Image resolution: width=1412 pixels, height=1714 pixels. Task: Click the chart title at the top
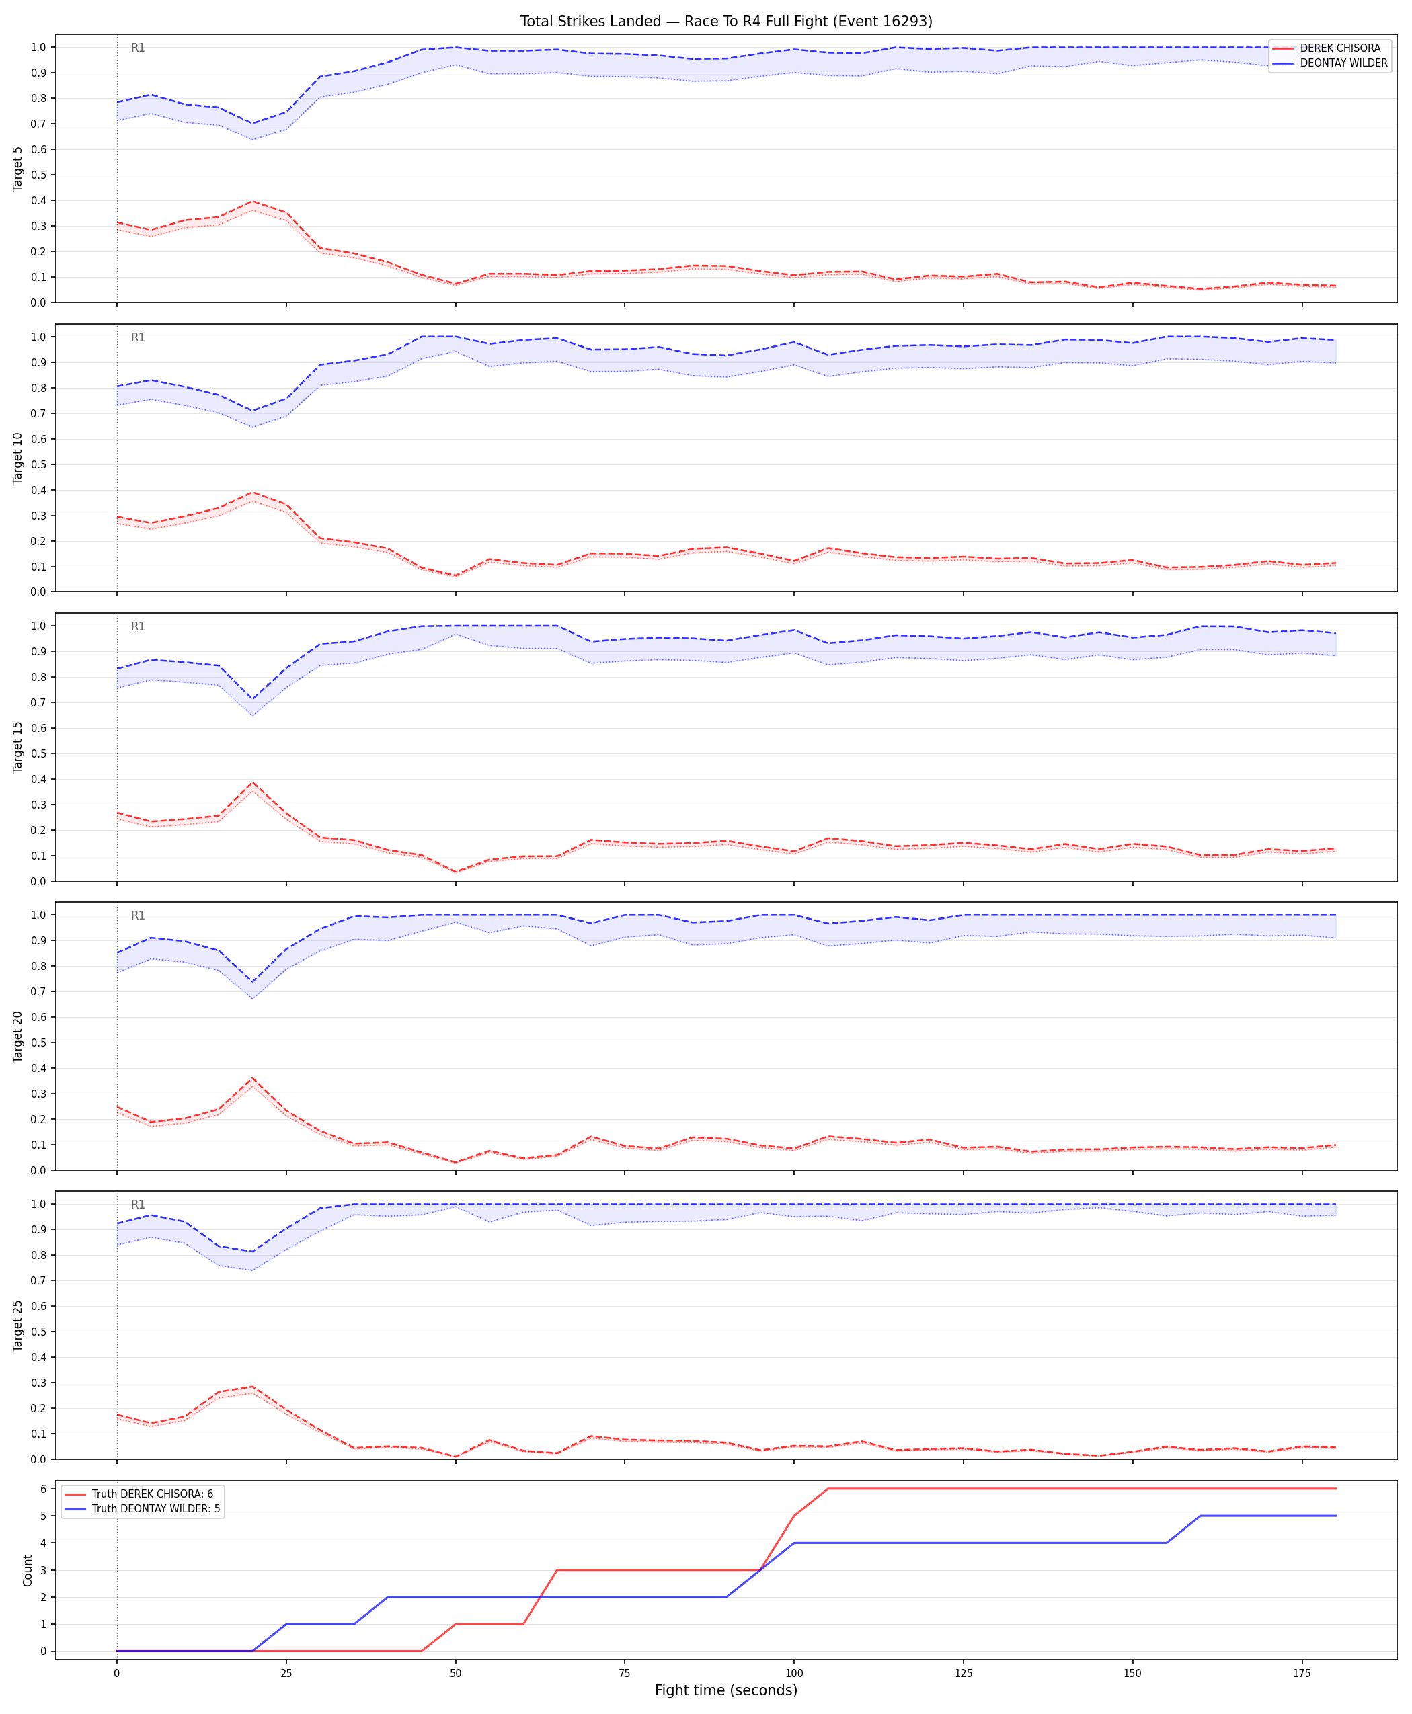coord(726,21)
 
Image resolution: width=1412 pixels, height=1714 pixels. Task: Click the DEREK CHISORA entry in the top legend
coord(1339,48)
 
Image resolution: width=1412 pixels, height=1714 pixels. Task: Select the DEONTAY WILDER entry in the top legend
coord(1343,63)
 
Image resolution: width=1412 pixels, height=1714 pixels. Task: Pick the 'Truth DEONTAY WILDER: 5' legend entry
coord(155,1508)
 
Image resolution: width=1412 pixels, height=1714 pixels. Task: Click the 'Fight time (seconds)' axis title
coord(725,1690)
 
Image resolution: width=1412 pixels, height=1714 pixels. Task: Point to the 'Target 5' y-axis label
coord(18,168)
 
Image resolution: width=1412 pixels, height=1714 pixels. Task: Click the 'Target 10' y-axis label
coord(18,458)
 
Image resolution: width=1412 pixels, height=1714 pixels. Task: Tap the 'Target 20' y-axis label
coord(18,1036)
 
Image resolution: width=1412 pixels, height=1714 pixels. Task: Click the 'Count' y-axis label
coord(28,1570)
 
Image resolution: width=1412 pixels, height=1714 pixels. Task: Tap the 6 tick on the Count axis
coord(43,1489)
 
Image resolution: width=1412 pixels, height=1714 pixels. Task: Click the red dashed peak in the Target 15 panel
coord(252,783)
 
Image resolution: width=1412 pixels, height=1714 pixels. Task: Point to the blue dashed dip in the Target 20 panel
coord(252,982)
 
